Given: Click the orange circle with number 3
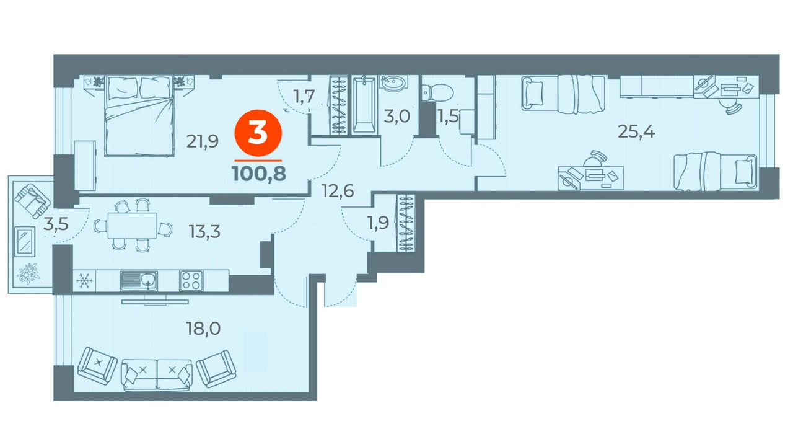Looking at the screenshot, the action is [258, 133].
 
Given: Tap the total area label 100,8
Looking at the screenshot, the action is [259, 174].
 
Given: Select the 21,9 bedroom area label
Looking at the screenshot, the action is [203, 142].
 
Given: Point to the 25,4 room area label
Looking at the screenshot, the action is [636, 132].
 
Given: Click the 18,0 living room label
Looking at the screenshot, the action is [203, 329].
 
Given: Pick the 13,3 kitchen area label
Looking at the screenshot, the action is [204, 232].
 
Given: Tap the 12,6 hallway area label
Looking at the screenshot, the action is [338, 192].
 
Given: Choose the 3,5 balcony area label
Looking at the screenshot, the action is [56, 224].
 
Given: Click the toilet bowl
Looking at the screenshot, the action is [437, 92].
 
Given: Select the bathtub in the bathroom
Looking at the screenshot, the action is [364, 105].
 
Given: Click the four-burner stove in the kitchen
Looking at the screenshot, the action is [191, 281].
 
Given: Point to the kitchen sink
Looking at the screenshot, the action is [138, 281].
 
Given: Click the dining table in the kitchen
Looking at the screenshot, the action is [132, 226].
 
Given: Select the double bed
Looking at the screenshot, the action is [139, 116].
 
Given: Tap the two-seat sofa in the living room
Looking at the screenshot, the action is [157, 374].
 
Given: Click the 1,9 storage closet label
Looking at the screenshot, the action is [378, 223].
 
